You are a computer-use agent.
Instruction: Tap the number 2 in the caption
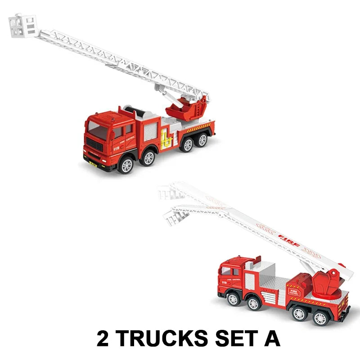click(x=103, y=338)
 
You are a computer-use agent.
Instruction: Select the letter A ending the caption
click(x=272, y=338)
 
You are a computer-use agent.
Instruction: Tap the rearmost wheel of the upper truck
click(x=202, y=140)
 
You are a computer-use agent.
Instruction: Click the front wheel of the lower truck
click(x=233, y=299)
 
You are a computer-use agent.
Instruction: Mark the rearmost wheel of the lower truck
click(x=320, y=318)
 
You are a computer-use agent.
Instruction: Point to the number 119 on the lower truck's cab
click(x=224, y=283)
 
